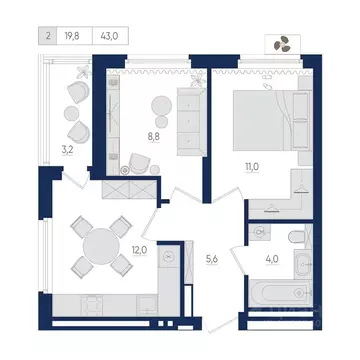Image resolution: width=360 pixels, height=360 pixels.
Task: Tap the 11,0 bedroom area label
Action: [252, 167]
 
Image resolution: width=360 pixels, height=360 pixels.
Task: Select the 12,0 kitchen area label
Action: [139, 250]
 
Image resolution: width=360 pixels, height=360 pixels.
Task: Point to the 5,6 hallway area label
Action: [212, 259]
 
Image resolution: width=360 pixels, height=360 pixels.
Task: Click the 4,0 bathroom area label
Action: [272, 259]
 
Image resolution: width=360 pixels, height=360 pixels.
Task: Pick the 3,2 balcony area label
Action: [67, 150]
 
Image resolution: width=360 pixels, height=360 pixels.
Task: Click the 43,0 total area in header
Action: [109, 36]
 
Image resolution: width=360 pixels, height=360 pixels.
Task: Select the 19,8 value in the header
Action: [72, 36]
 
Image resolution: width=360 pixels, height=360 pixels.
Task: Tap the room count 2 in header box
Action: [48, 36]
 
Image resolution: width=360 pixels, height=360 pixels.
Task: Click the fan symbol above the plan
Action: [282, 44]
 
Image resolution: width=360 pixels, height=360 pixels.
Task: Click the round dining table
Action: [101, 246]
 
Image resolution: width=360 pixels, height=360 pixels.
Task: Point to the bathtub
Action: [280, 293]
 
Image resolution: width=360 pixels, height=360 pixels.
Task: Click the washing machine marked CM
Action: [259, 232]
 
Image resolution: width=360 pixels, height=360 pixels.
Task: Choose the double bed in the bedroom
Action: [272, 120]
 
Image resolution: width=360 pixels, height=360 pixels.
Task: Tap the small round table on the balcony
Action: [71, 114]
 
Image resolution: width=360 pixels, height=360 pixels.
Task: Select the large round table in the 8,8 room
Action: [161, 106]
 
